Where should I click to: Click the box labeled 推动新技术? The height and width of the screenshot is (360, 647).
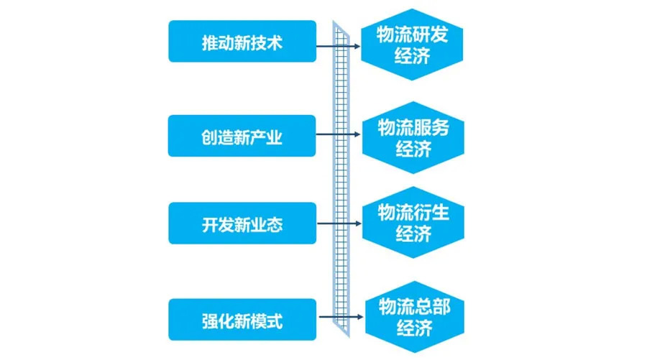coord(242,42)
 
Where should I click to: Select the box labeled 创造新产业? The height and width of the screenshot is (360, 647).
coord(242,136)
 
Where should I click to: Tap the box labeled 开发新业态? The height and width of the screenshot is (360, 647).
coord(242,223)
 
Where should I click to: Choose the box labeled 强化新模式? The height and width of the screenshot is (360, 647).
coord(242,319)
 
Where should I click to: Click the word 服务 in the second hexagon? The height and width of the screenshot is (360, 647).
coord(432,128)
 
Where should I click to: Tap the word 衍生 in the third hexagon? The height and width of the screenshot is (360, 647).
coord(432,213)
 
